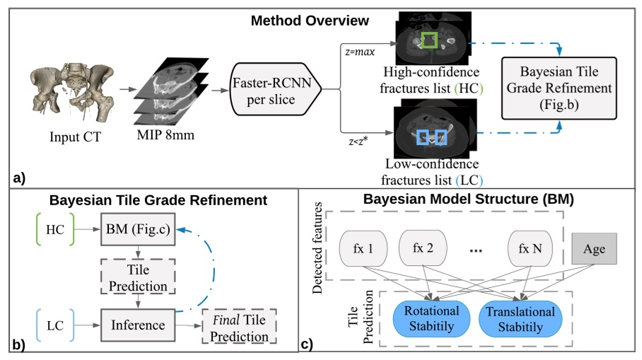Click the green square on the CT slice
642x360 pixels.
429,40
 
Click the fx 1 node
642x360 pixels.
366,248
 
